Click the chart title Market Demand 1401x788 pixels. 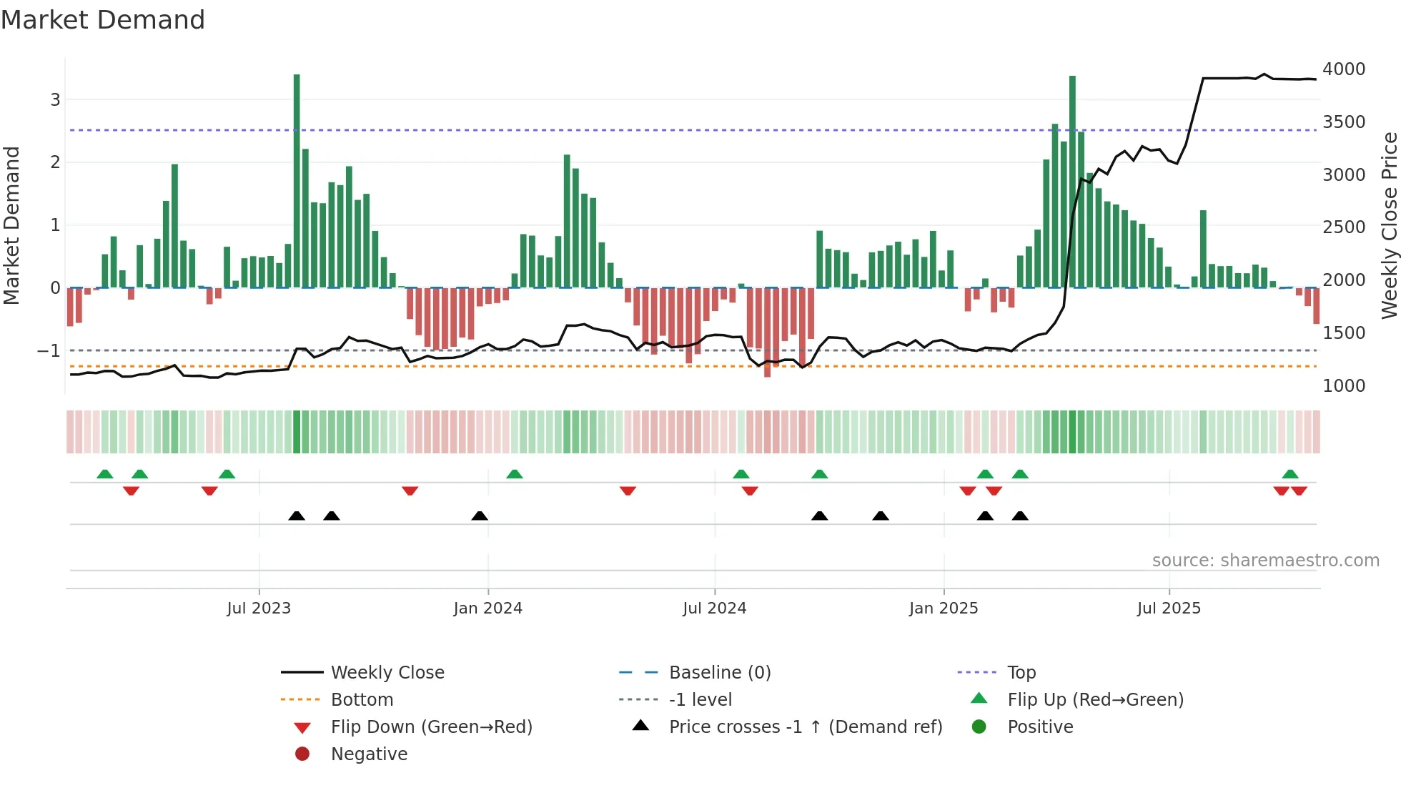click(x=103, y=20)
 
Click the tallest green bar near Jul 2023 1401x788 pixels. click(x=297, y=179)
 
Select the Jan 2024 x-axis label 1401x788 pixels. click(x=487, y=609)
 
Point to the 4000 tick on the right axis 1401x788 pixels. click(x=1343, y=69)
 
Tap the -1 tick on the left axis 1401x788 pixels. click(x=49, y=351)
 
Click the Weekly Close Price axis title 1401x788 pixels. click(x=1389, y=225)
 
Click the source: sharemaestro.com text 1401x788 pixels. click(x=1265, y=561)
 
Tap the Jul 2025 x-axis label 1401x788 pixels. click(x=1169, y=609)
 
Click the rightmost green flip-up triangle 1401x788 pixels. click(x=1290, y=474)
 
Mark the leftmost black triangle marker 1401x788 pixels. click(x=297, y=516)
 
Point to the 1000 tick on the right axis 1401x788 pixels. click(x=1343, y=386)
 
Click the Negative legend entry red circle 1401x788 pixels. click(x=302, y=754)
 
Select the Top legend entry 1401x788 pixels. click(x=1021, y=673)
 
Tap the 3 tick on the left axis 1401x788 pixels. click(x=55, y=100)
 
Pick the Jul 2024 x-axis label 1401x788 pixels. click(x=714, y=609)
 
